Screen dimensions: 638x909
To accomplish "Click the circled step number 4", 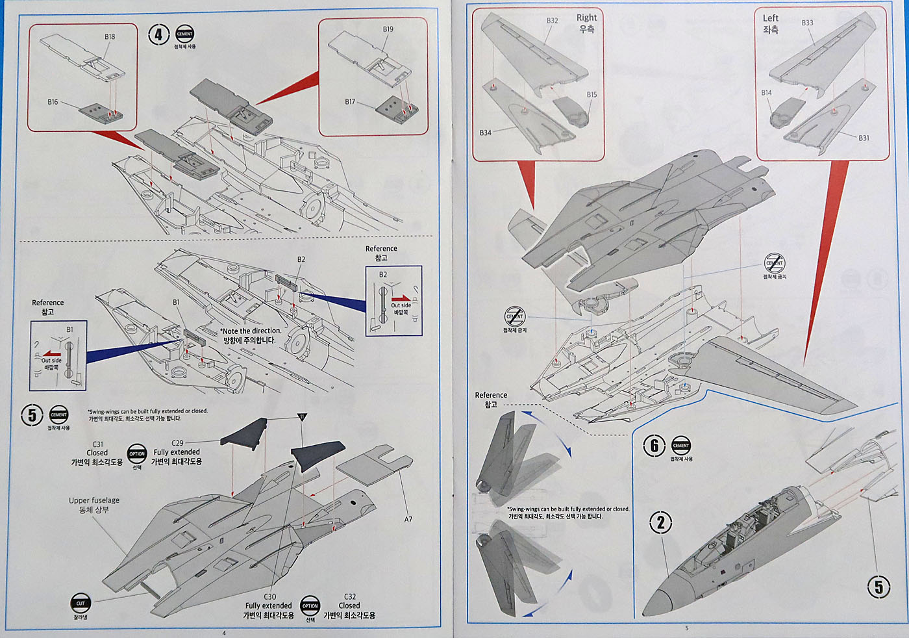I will (158, 34).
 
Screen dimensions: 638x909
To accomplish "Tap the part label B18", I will (110, 37).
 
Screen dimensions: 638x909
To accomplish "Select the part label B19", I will (388, 29).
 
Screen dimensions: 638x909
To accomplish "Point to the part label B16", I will (53, 102).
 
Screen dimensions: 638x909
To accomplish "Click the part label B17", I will (350, 102).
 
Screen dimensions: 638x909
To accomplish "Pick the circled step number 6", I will (654, 446).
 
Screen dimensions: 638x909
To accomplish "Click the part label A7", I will (408, 519).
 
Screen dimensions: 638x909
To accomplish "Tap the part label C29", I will (177, 443).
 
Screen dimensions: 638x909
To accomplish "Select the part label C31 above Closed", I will (97, 444).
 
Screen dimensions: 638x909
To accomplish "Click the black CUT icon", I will (81, 604).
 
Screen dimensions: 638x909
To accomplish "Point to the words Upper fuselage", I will (94, 500).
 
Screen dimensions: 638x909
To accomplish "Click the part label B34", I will (485, 133).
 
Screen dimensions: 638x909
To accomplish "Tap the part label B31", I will (864, 138).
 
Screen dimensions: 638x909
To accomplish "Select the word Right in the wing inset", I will (586, 18).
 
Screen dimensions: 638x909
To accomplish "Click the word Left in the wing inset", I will (771, 18).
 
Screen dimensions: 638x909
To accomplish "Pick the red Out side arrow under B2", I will (401, 298).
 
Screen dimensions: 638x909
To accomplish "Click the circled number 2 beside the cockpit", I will (661, 522).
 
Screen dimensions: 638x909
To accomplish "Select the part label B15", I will (591, 95).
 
